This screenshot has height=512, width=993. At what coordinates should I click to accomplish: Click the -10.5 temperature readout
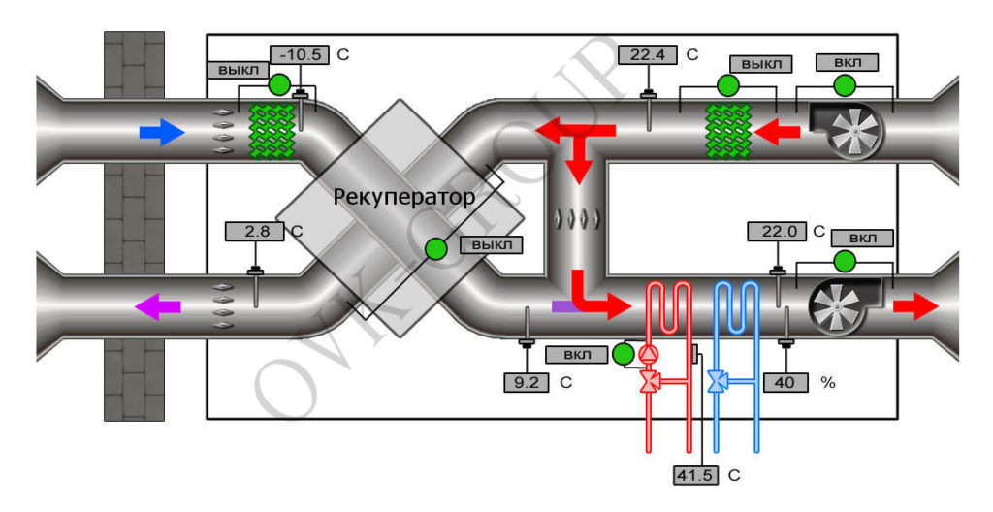click(x=301, y=54)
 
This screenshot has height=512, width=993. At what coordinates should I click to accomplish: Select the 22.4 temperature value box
click(x=647, y=54)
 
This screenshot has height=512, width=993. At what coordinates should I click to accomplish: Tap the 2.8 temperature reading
click(x=251, y=232)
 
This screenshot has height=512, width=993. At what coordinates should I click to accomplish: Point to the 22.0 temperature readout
click(x=777, y=232)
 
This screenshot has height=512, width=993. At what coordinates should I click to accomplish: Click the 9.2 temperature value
click(x=527, y=382)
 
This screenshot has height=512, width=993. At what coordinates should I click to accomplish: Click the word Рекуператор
click(x=404, y=198)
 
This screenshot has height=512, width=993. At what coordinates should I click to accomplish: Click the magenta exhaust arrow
click(x=157, y=307)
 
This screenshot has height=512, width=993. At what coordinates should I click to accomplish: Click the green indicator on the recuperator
click(x=435, y=249)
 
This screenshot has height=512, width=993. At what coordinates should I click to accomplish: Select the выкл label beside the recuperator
click(x=492, y=244)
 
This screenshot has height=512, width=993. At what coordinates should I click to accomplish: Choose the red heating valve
click(x=649, y=381)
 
